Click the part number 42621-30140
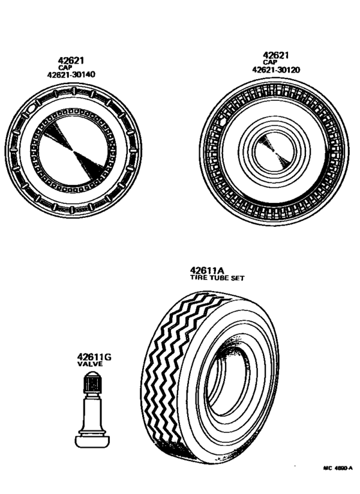point(71,75)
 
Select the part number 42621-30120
point(276,69)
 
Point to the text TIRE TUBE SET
point(217,278)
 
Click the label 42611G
point(94,357)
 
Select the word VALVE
point(90,364)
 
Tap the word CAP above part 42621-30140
point(65,67)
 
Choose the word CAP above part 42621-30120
point(270,62)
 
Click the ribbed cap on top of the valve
point(93,382)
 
